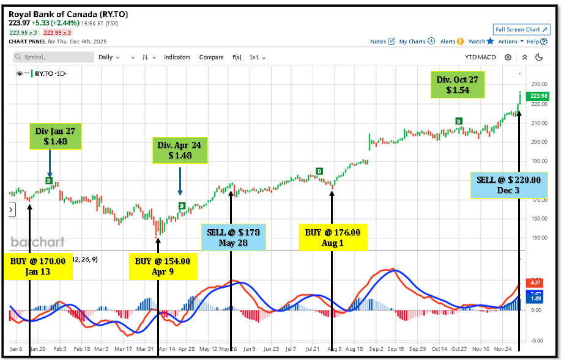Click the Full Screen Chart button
coord(521,29)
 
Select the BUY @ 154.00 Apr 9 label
coord(162,266)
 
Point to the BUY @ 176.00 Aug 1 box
coord(333,237)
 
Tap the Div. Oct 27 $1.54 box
coord(457,84)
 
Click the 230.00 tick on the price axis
coord(539,84)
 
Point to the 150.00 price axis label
coord(539,238)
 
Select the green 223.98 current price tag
coord(539,96)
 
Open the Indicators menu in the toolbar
coord(177,57)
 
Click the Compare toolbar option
coord(211,57)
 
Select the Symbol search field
coord(52,57)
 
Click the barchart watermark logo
coord(37,242)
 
